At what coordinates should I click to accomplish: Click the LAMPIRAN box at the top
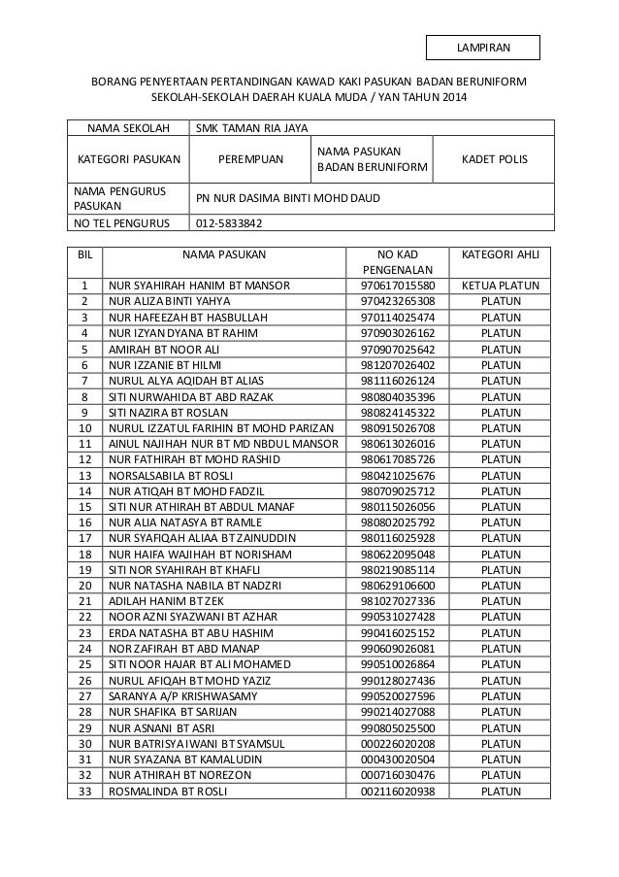point(483,47)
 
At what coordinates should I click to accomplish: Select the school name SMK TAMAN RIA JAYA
point(254,127)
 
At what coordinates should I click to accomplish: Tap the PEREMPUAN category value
point(249,158)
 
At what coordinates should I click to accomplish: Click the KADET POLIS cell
point(494,158)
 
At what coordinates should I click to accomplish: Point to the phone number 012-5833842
point(228,222)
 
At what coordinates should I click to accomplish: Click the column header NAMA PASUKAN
point(223,254)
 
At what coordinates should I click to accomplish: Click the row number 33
point(85,791)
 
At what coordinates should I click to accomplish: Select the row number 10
point(85,428)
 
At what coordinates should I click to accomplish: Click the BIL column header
point(85,254)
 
